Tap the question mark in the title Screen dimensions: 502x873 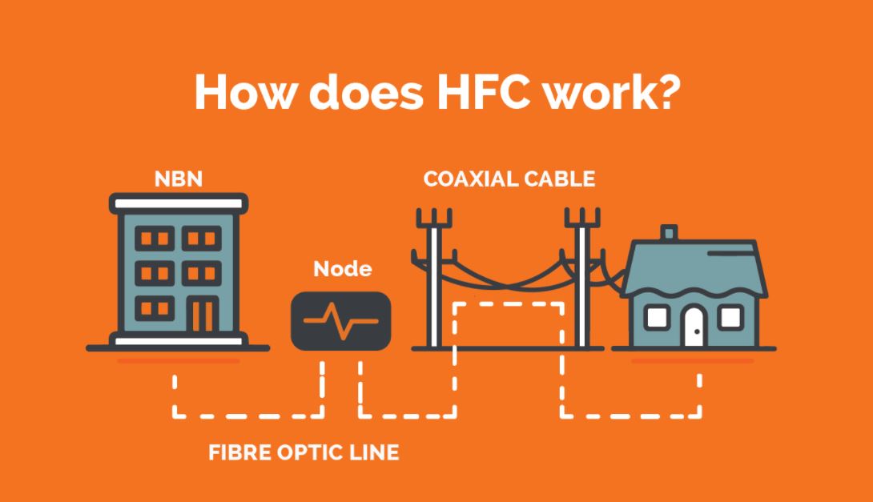tap(664, 94)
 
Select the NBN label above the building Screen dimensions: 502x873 tap(178, 178)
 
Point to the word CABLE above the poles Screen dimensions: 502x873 tap(563, 178)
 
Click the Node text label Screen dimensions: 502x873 tap(342, 269)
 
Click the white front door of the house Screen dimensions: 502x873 tap(693, 325)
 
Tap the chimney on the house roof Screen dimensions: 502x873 tap(668, 233)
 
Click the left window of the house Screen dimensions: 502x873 tap(657, 318)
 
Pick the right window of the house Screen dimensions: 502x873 tap(729, 318)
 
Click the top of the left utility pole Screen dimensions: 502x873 tap(433, 218)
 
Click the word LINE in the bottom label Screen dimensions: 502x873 tap(373, 452)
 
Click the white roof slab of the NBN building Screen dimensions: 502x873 tap(178, 203)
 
